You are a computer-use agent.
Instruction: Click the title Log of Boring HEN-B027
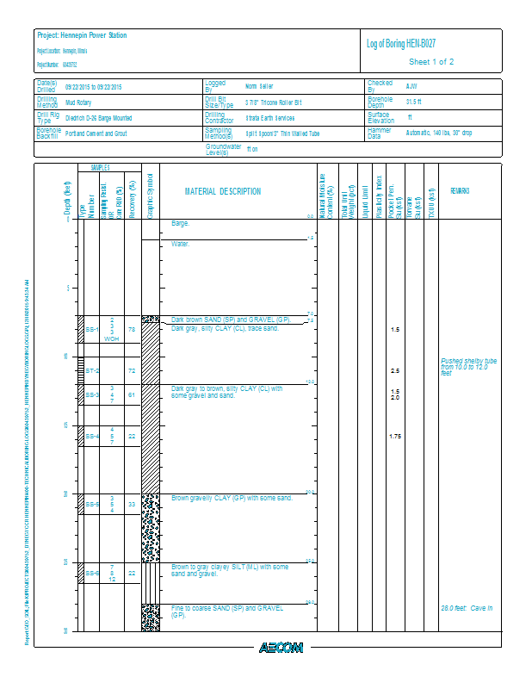click(406, 44)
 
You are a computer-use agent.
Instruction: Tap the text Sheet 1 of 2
click(431, 62)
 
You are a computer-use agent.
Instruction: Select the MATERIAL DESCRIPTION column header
click(223, 191)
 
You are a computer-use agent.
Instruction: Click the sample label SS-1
click(92, 329)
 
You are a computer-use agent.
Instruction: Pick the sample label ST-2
click(92, 370)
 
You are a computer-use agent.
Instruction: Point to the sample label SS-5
click(92, 505)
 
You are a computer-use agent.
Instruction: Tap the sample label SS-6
click(92, 574)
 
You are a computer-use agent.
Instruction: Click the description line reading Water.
click(180, 244)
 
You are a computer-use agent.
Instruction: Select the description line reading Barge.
click(180, 223)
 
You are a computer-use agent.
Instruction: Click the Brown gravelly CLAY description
click(232, 498)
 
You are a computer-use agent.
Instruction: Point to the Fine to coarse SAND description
click(227, 611)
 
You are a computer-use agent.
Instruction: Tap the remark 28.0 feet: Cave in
click(466, 608)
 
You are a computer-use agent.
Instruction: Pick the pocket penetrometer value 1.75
click(395, 437)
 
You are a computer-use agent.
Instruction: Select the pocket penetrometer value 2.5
click(395, 370)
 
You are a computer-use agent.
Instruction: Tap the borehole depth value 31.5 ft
click(413, 102)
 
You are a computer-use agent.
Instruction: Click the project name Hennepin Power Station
click(82, 35)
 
